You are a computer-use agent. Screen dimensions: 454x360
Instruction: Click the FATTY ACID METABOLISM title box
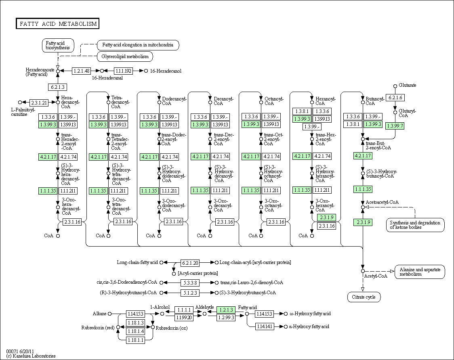[58, 24]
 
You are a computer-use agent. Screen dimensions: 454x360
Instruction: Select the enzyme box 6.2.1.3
[58, 87]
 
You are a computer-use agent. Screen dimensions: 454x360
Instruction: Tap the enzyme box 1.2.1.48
[81, 71]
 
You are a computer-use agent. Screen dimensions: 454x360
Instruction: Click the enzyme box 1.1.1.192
[123, 71]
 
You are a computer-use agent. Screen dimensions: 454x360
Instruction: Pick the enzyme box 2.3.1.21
[39, 103]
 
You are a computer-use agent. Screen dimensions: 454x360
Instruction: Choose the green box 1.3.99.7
[395, 126]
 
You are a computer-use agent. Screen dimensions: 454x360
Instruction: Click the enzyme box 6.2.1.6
[395, 98]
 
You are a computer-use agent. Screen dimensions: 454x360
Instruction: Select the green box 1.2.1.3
[226, 310]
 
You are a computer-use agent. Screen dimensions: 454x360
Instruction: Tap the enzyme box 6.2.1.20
[190, 263]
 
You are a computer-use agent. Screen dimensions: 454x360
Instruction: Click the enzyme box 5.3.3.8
[190, 283]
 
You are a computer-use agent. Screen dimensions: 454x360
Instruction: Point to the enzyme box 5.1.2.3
[190, 293]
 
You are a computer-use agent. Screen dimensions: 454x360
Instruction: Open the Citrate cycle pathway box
[364, 297]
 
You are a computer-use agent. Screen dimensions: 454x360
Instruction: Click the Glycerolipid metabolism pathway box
[125, 57]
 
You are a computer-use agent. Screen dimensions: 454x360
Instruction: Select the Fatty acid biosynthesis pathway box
[58, 46]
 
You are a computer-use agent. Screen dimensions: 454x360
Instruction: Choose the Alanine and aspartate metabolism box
[420, 272]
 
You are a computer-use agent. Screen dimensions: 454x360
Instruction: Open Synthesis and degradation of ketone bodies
[415, 225]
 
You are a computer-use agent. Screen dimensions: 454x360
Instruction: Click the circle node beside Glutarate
[395, 86]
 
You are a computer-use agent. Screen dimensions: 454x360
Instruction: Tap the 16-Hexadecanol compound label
[166, 71]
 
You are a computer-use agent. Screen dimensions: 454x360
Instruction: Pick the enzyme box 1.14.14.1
[264, 327]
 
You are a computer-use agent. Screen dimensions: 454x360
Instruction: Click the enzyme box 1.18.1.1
[135, 340]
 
